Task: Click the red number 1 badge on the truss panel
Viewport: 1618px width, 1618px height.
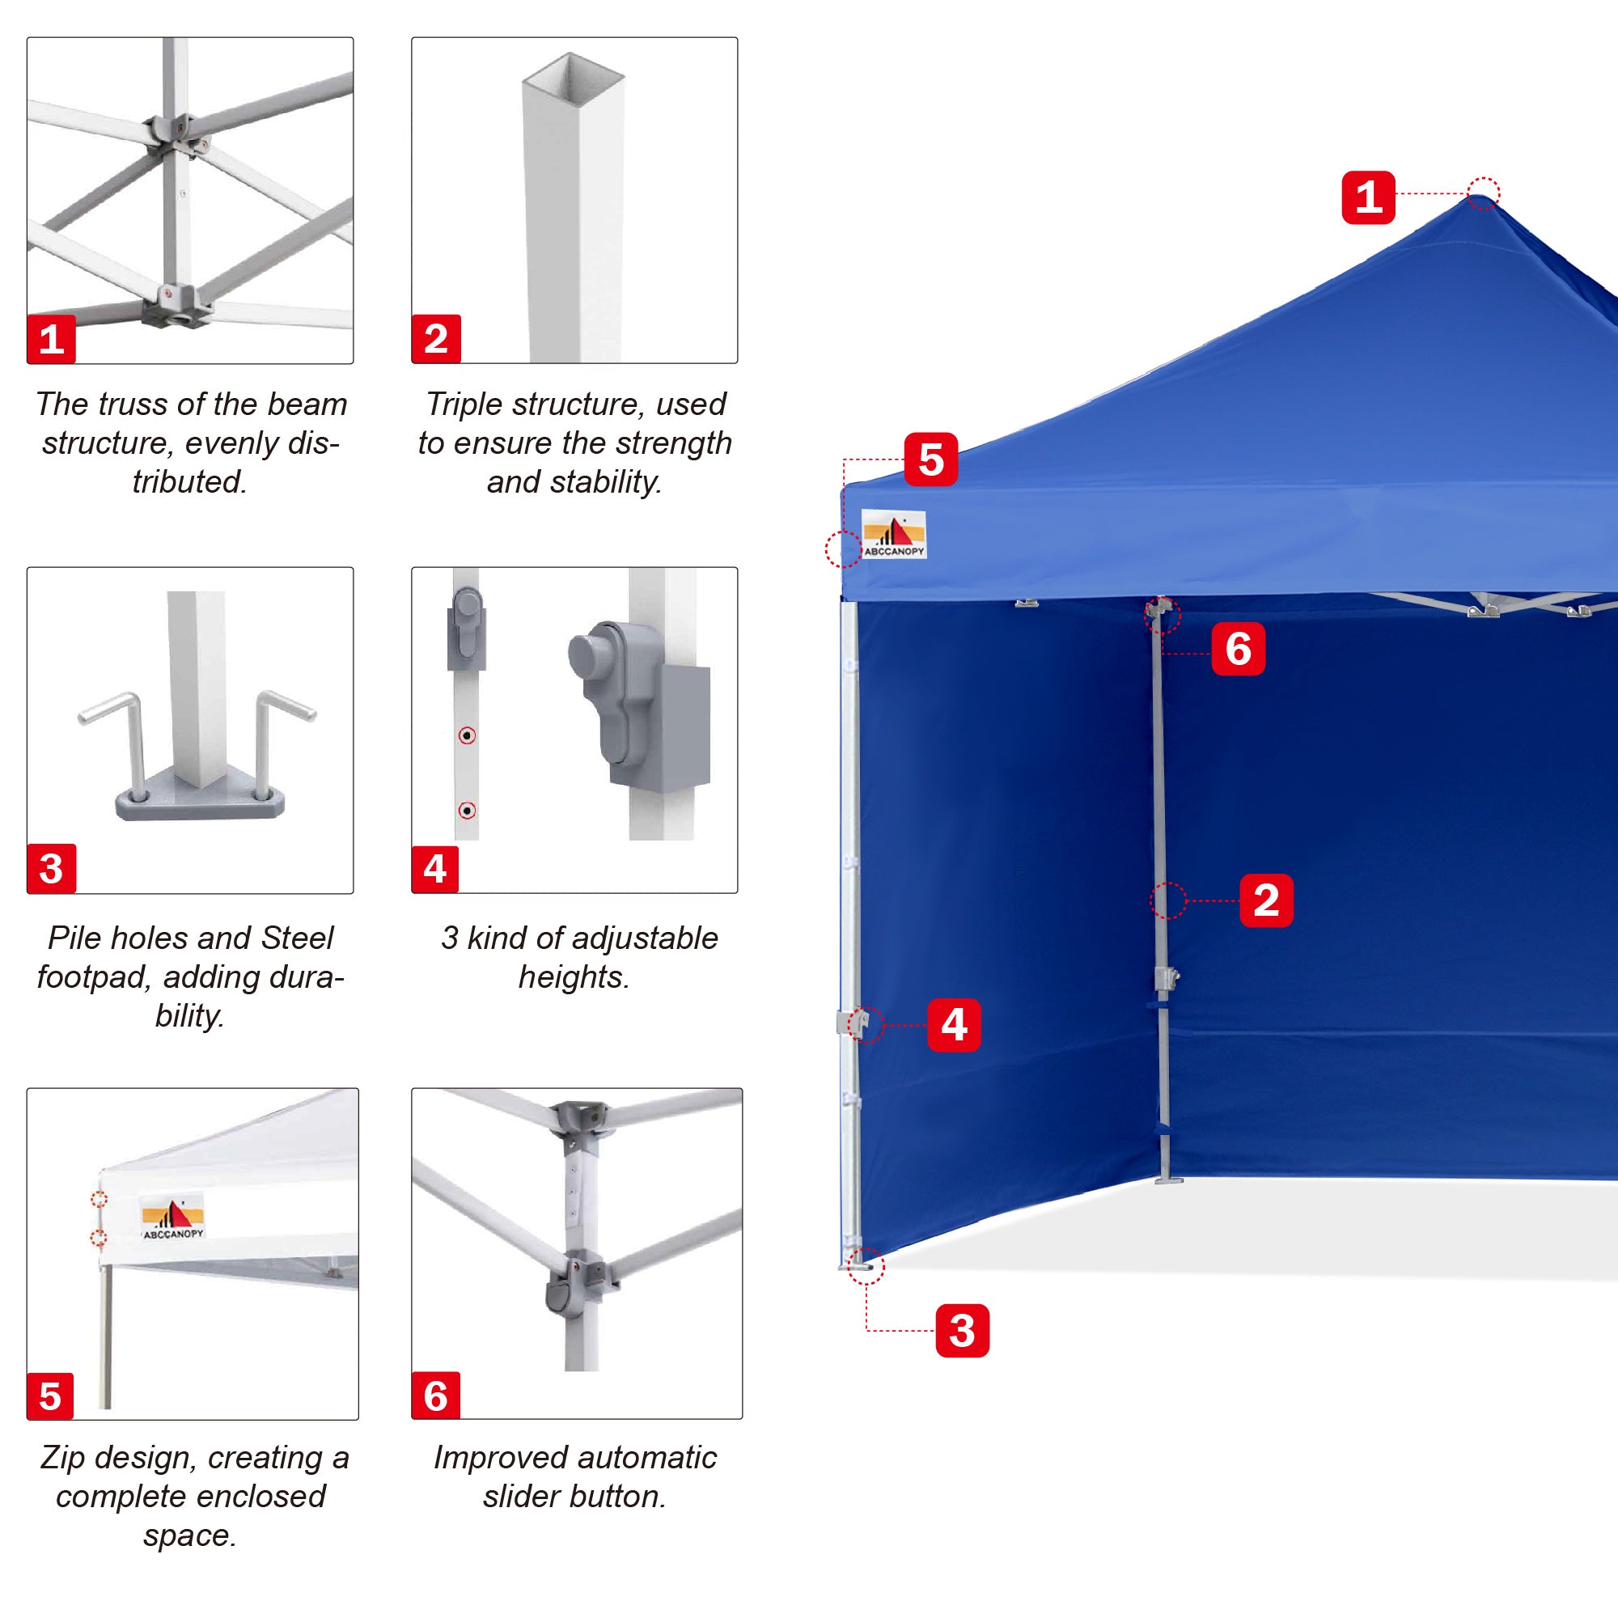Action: coord(51,339)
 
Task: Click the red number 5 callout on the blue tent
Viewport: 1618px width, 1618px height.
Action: coord(930,460)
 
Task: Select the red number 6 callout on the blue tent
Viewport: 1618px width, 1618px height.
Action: coord(1238,649)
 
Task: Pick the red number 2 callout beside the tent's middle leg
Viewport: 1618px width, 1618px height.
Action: coord(1265,900)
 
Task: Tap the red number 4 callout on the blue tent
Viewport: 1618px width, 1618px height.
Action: coord(954,1024)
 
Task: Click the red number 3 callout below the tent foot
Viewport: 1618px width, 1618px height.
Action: coord(961,1330)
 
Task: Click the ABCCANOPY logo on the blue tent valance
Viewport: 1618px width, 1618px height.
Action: coord(893,534)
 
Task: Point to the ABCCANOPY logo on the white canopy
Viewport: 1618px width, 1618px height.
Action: coord(172,1218)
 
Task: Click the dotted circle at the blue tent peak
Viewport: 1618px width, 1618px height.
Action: coord(1482,193)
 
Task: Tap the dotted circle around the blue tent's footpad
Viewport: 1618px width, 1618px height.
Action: coord(865,1265)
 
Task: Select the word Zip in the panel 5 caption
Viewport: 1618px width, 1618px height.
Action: coord(63,1458)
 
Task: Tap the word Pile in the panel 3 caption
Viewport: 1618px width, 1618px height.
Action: coord(70,938)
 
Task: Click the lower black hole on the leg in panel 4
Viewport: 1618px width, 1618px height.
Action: coord(468,811)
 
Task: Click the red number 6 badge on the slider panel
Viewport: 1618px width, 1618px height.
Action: coord(435,1396)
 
